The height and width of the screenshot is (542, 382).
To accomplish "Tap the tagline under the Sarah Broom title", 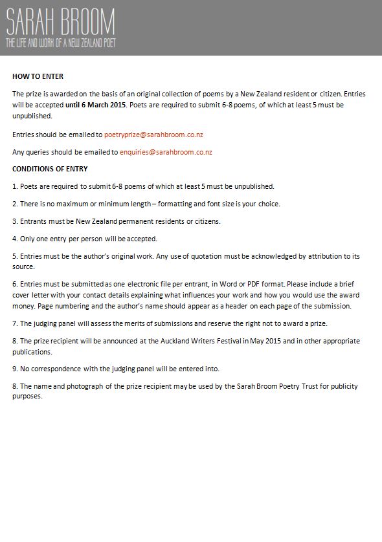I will (61, 43).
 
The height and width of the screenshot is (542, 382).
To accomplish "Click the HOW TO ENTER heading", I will (38, 76).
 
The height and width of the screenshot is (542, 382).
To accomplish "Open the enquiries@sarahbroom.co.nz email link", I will (166, 152).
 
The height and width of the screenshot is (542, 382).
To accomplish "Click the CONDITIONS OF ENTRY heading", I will (50, 169).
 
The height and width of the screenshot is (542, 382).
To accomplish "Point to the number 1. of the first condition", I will (15, 186).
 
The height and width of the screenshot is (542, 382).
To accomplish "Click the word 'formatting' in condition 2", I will (185, 204).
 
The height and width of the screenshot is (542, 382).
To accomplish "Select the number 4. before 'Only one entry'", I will (15, 239).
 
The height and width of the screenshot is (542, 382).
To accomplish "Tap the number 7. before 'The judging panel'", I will (15, 323).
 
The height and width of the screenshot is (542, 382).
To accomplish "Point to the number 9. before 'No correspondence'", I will (15, 369).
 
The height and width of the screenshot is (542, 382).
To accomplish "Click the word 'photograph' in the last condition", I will (85, 386).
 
